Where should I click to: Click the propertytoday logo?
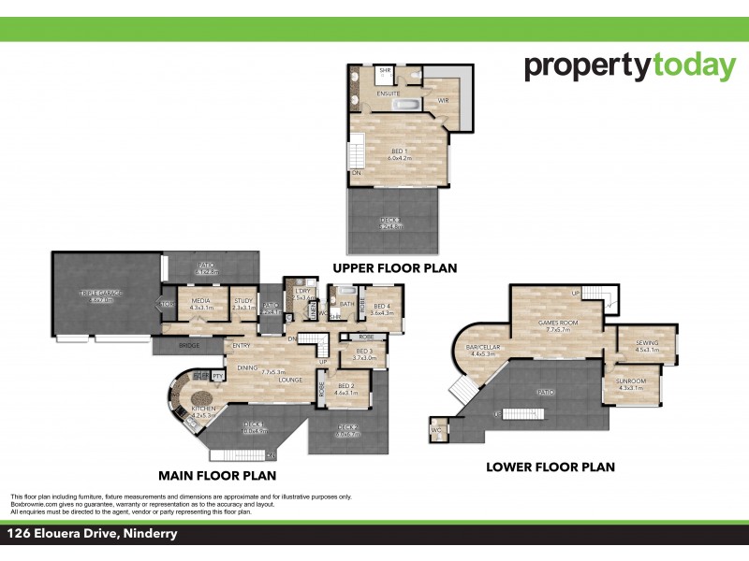tap(630, 66)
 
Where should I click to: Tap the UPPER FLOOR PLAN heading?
tap(394, 268)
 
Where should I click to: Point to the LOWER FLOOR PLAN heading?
tap(551, 467)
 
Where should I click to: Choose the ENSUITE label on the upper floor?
tap(389, 93)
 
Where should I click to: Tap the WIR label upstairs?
tap(445, 100)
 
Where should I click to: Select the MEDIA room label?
tap(201, 301)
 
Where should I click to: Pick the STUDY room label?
tap(243, 301)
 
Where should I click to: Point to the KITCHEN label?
tap(204, 409)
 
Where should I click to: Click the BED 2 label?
tap(346, 385)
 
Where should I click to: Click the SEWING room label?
tap(647, 343)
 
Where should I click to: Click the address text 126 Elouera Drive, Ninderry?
tap(92, 535)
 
